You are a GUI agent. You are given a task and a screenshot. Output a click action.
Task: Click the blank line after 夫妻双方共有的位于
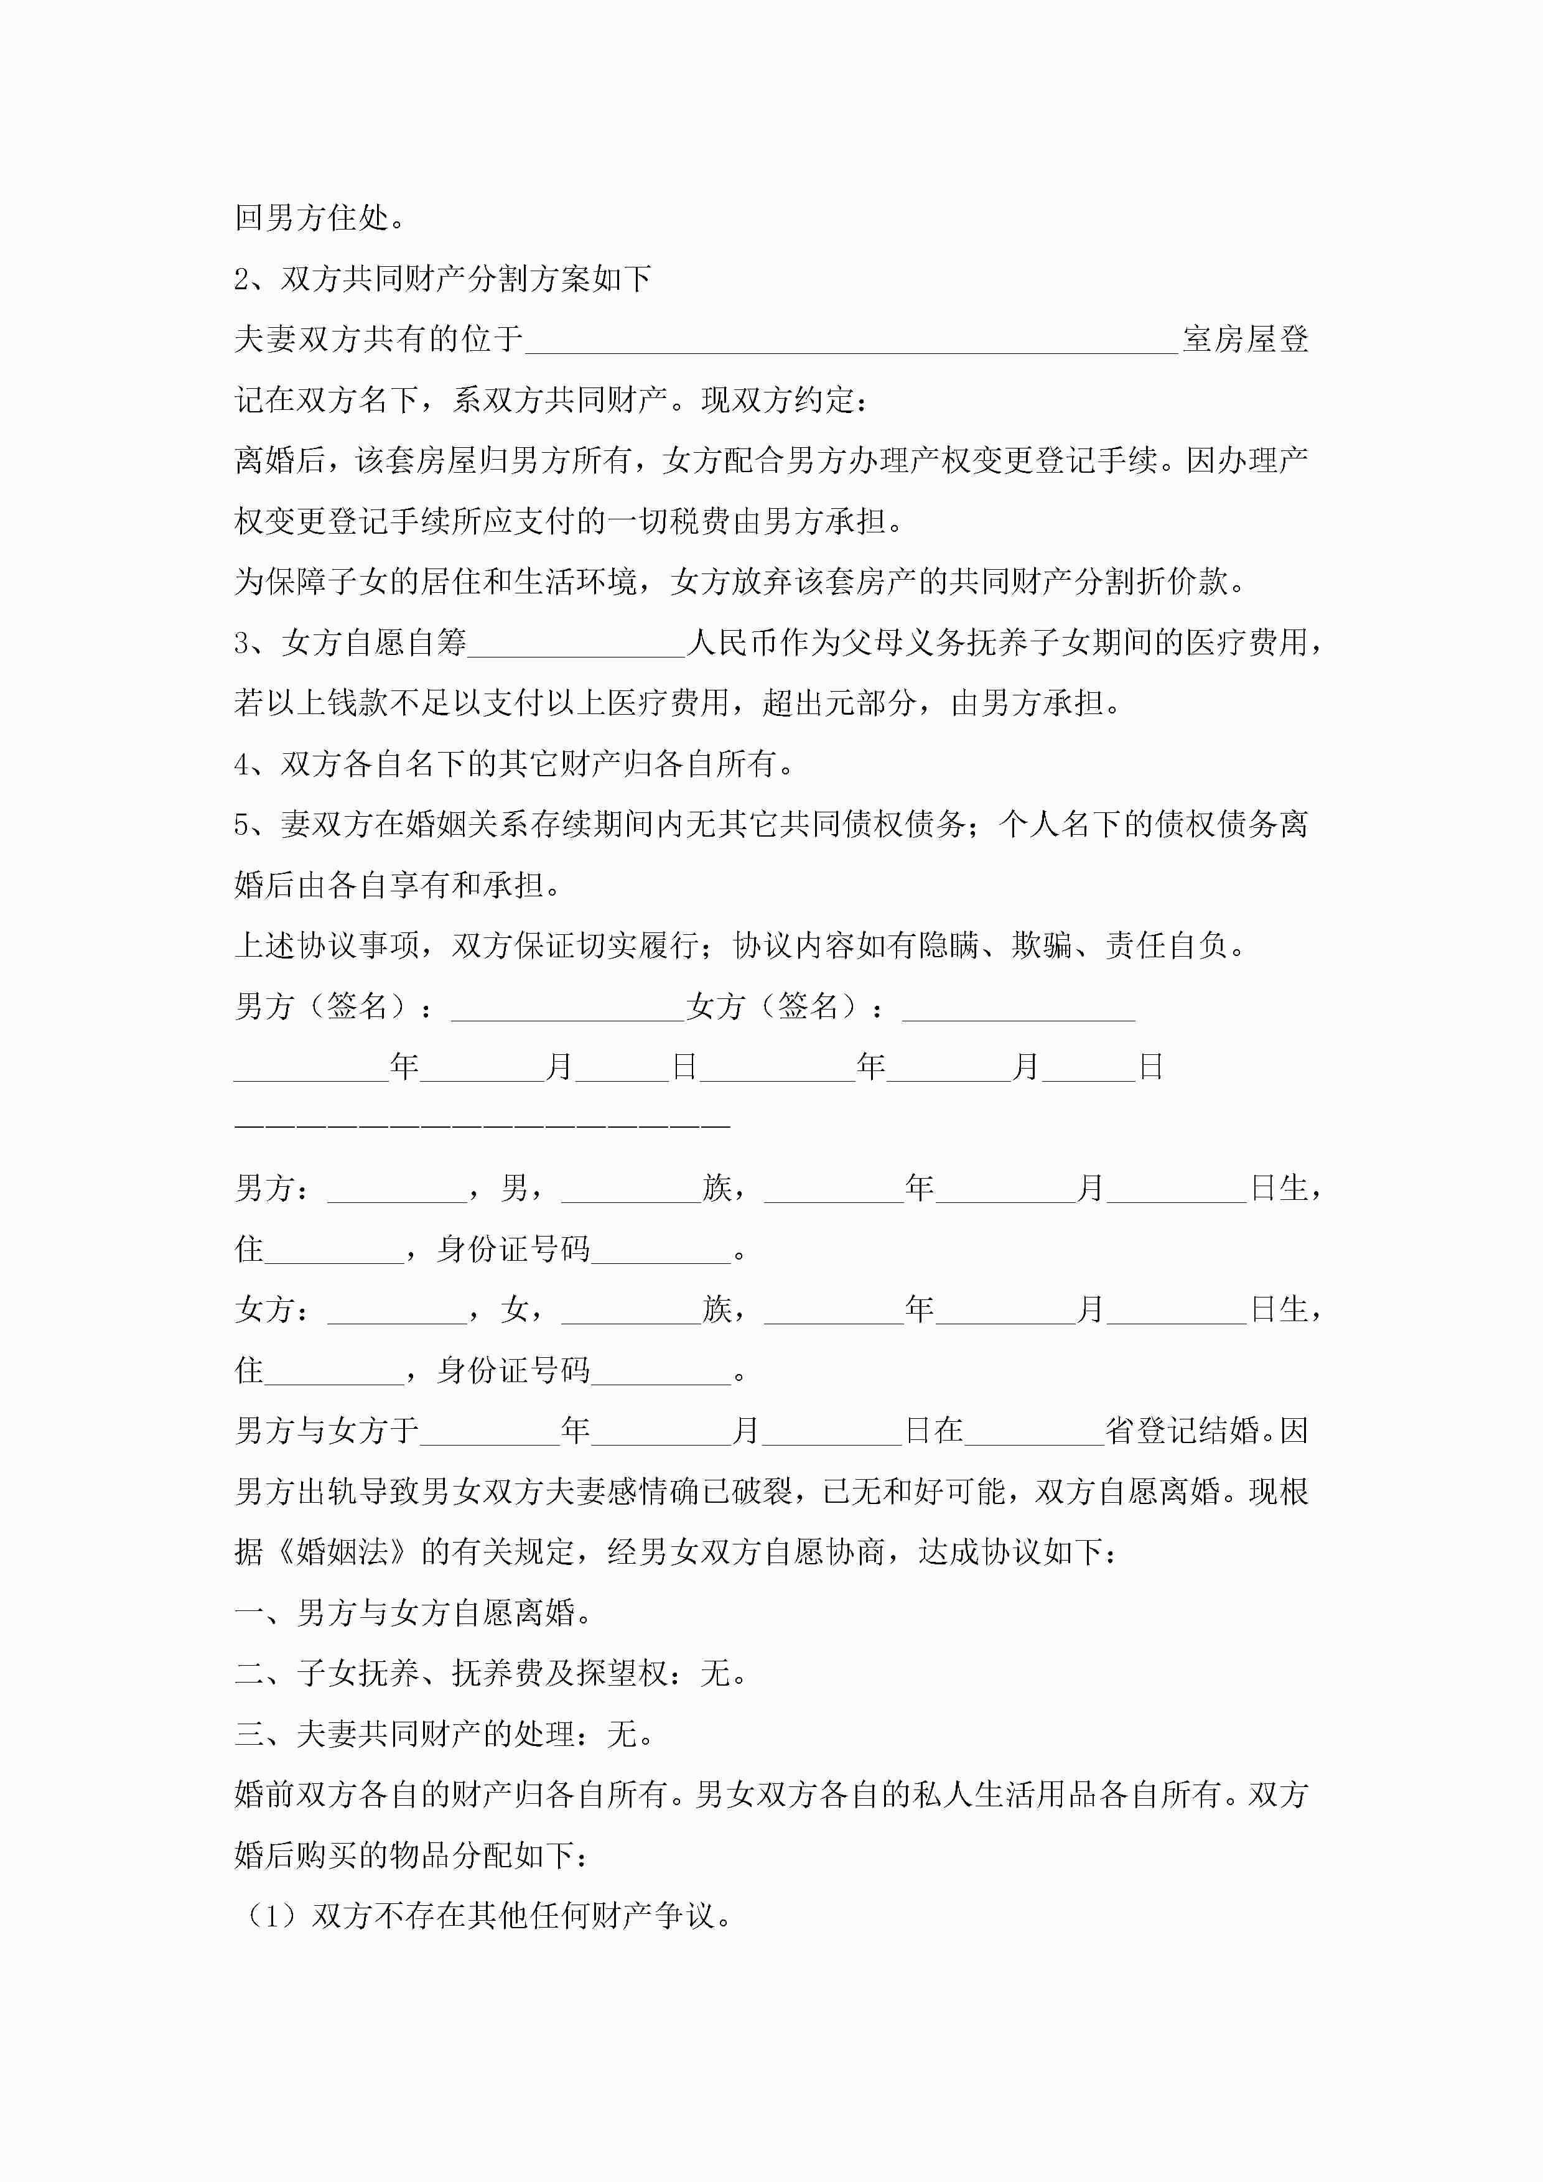click(851, 342)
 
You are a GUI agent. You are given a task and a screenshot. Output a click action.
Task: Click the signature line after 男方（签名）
click(567, 1010)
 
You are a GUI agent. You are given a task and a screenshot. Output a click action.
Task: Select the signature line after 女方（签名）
click(1019, 1010)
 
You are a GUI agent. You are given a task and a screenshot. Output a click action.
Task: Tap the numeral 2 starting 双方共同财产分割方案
click(243, 279)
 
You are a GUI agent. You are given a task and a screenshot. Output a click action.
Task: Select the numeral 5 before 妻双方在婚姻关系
click(243, 825)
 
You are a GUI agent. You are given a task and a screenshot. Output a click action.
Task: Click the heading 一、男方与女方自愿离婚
click(414, 1613)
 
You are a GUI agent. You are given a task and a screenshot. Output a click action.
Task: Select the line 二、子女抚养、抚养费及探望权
click(490, 1674)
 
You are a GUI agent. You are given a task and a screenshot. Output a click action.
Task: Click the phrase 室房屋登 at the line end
click(1246, 339)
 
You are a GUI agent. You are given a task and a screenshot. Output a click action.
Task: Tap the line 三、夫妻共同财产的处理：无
click(444, 1734)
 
